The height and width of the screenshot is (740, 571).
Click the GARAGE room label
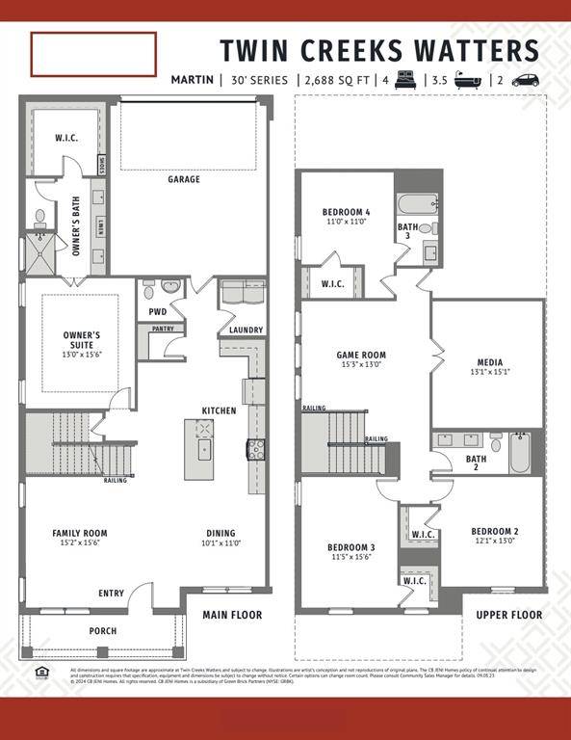184,179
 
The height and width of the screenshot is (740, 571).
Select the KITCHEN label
219,410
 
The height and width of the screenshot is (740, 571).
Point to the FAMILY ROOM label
80,533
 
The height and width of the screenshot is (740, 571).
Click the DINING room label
221,533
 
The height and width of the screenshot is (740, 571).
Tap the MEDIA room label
488,362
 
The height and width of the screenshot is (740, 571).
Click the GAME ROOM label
361,356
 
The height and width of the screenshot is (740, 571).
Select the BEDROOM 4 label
346,212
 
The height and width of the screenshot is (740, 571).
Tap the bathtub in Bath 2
520,452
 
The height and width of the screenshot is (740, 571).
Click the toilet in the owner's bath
40,218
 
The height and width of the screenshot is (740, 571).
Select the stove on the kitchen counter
257,447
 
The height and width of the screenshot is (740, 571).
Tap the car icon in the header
525,80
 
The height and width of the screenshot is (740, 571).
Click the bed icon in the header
404,80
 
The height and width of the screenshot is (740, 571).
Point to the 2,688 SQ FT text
339,80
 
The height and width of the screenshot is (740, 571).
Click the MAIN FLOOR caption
232,615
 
